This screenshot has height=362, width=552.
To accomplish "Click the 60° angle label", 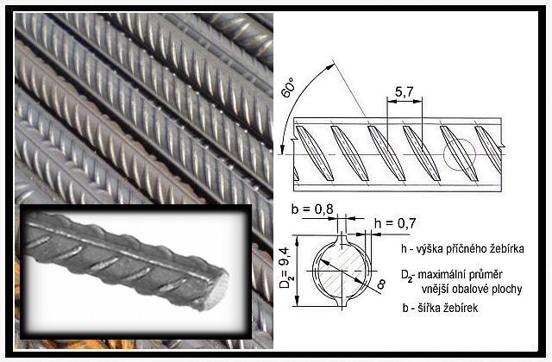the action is coord(289,88).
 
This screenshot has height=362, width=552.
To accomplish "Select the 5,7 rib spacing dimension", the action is coord(404,92).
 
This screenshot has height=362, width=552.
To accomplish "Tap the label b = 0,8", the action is coord(312,209).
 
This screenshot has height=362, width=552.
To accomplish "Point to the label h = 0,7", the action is coord(395,223).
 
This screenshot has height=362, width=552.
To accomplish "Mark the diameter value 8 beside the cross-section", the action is coord(380,284).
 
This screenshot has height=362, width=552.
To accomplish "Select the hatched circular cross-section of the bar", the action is coord(342,271).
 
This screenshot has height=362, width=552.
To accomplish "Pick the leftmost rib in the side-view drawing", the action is coord(314,153).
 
